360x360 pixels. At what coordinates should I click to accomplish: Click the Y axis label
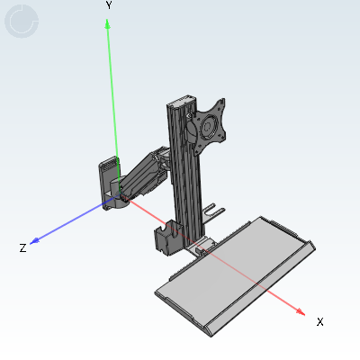pos(109,5)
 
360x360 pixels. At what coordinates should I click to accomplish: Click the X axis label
pos(320,322)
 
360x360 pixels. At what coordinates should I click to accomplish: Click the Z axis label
pos(22,248)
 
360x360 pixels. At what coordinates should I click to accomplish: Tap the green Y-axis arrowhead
pos(107,24)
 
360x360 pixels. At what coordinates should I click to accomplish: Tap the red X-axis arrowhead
pos(301,312)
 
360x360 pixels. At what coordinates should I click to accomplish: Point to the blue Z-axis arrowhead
pos(35,241)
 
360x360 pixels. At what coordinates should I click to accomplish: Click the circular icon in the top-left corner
pos(22,22)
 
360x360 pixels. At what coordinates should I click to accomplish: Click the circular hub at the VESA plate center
pos(208,127)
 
